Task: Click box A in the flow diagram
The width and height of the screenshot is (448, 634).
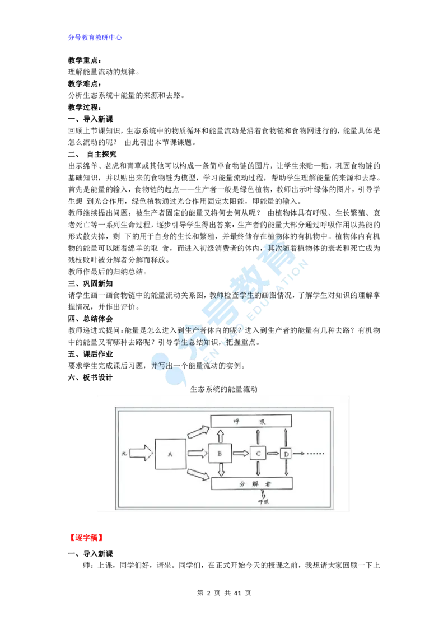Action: (170, 454)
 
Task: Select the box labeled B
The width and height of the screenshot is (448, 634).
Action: (220, 453)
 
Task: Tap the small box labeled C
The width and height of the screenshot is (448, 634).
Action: (258, 453)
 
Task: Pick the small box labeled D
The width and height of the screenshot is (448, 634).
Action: (286, 454)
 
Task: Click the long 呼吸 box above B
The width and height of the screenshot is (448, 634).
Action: (251, 421)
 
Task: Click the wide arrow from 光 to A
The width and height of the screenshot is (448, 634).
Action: (141, 453)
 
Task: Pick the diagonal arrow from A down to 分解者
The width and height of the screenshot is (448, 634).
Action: (198, 474)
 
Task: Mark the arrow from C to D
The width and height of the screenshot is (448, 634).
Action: (273, 453)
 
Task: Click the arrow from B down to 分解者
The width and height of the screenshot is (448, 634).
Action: (220, 470)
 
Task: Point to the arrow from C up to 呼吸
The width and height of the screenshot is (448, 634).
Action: (258, 437)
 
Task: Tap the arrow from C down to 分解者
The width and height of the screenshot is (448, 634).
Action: (258, 469)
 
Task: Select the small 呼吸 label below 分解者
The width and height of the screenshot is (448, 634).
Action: (264, 502)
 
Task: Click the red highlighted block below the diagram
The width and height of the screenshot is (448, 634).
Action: (86, 538)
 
